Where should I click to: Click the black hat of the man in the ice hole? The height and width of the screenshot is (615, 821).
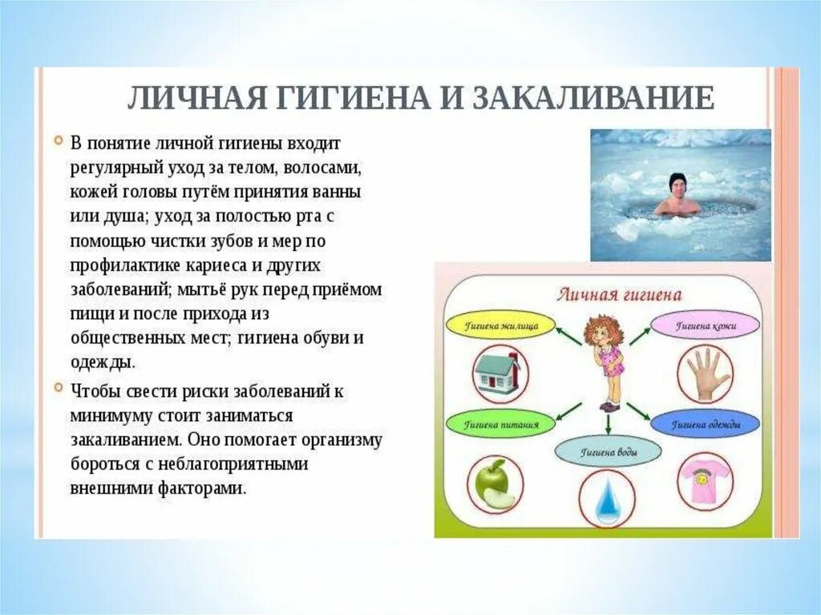(677, 182)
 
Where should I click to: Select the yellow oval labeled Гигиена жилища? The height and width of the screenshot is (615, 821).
(501, 326)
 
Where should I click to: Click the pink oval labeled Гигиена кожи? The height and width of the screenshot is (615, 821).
(706, 326)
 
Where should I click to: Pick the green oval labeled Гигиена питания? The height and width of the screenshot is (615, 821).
(500, 424)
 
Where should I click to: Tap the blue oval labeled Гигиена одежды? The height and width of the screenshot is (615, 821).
(706, 424)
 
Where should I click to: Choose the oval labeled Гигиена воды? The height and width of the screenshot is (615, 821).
(609, 452)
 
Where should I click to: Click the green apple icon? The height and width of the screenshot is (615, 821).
(493, 484)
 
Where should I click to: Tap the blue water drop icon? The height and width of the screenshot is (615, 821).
(607, 498)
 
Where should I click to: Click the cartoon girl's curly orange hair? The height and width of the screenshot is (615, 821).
(605, 331)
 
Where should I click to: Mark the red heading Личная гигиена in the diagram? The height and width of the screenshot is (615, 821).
(619, 294)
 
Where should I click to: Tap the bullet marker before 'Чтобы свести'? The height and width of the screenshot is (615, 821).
(59, 387)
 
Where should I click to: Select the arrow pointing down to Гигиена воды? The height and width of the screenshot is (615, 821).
(608, 424)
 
